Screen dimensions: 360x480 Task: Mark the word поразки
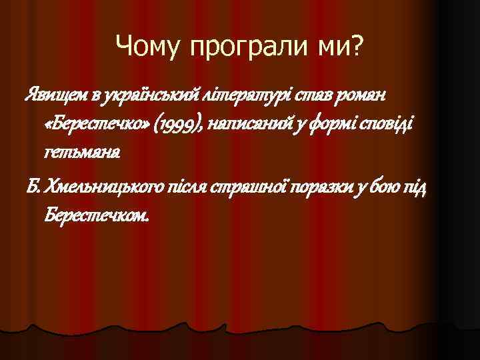(x=320, y=189)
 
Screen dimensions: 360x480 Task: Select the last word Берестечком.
(x=97, y=216)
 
